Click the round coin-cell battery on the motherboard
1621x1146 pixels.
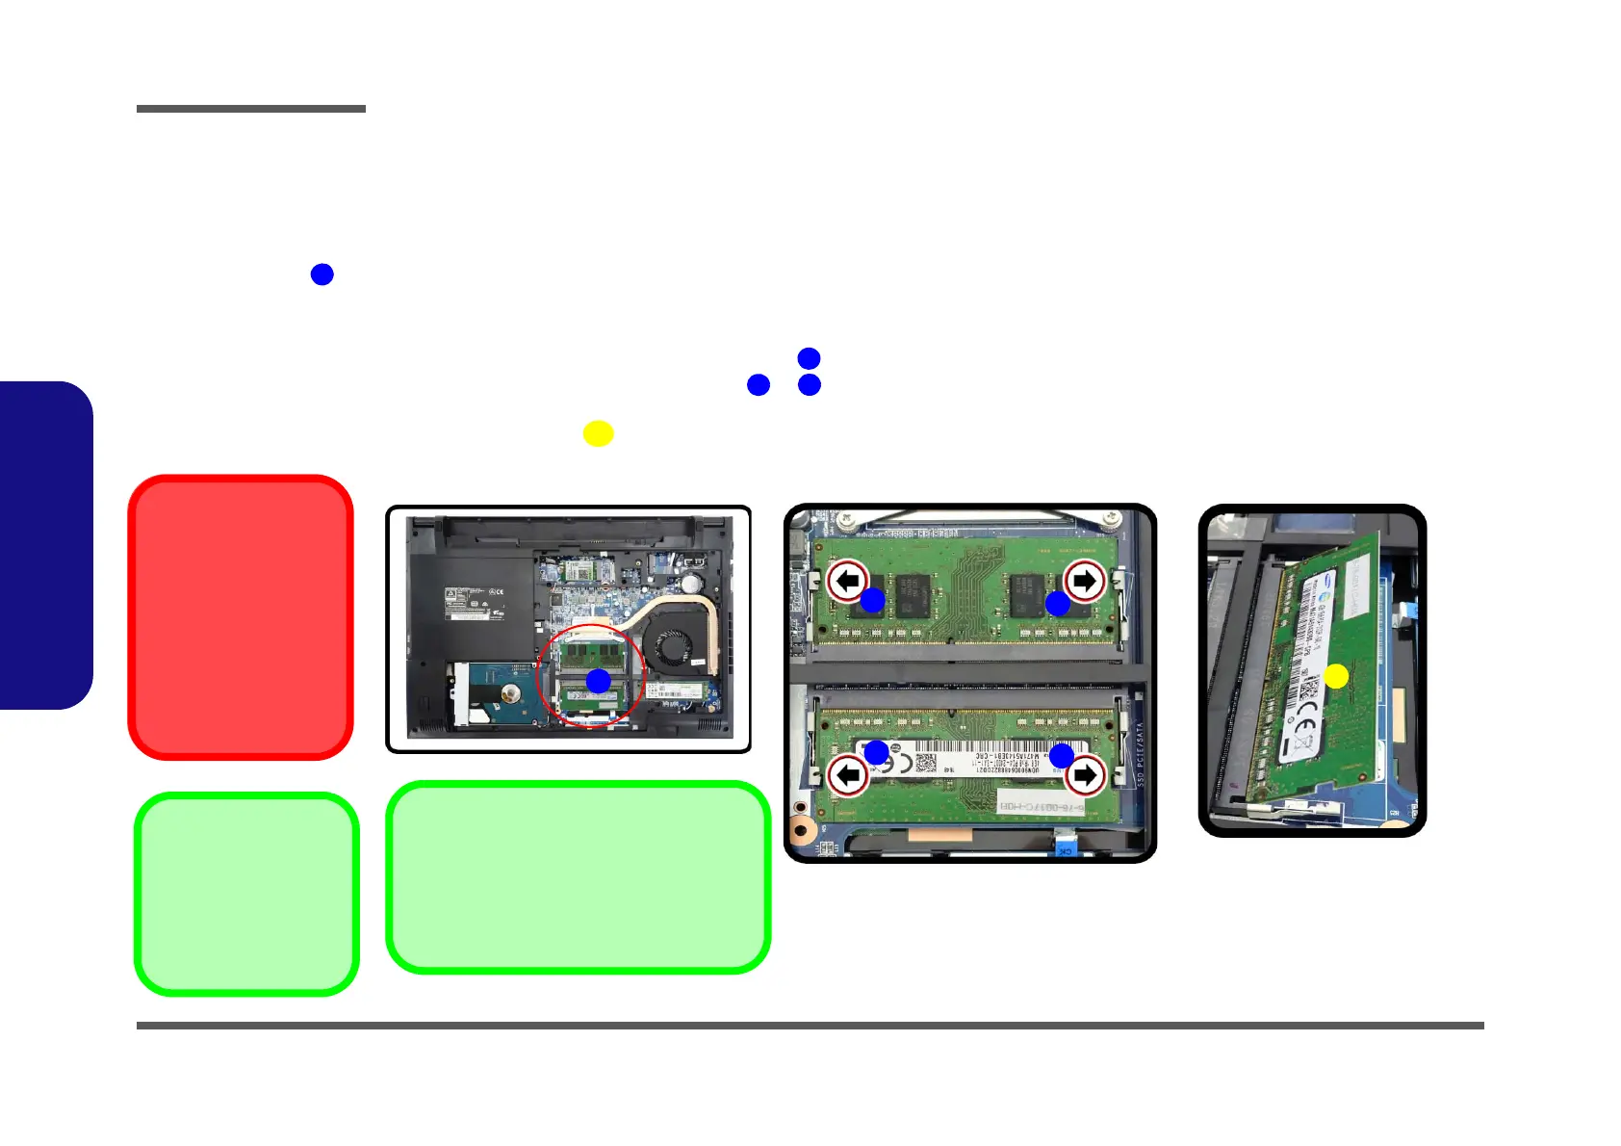[x=689, y=584]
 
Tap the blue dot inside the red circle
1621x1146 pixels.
[x=599, y=681]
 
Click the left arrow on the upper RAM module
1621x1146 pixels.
[x=847, y=581]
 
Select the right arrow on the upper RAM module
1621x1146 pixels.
[x=1085, y=581]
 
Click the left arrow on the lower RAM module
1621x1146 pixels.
[x=848, y=775]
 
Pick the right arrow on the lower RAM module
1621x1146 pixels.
[x=1085, y=775]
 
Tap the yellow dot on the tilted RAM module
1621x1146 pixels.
[x=1336, y=676]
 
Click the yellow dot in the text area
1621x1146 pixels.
[x=598, y=433]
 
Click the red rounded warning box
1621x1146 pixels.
[x=241, y=616]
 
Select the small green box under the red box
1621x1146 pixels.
[x=246, y=894]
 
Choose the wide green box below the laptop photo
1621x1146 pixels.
[x=578, y=877]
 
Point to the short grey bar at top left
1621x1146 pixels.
[x=251, y=109]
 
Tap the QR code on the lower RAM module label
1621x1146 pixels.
[x=925, y=763]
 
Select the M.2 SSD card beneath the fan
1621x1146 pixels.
[x=678, y=691]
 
